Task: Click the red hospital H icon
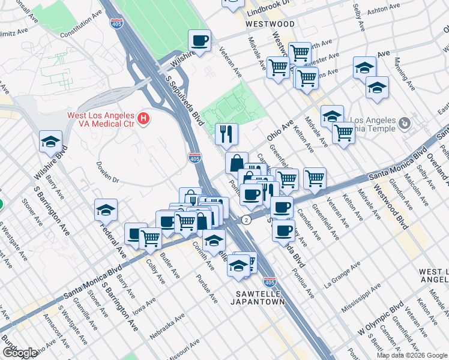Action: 143,119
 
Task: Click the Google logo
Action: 20,353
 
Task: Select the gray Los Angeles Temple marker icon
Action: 405,124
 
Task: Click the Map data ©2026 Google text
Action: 412,355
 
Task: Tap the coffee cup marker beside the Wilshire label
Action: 199,41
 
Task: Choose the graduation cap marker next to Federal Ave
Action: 106,211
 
